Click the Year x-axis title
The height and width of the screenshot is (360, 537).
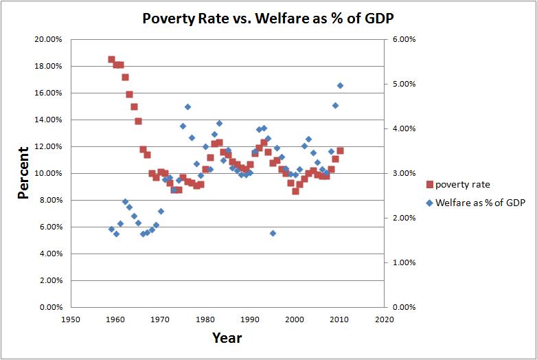click(x=227, y=337)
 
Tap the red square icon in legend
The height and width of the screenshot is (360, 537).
click(x=429, y=183)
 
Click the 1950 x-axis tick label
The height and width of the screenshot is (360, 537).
click(x=71, y=319)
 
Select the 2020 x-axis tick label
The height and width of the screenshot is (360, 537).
click(x=385, y=319)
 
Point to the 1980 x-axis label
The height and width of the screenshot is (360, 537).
click(x=205, y=319)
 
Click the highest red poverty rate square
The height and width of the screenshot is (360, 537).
click(x=111, y=59)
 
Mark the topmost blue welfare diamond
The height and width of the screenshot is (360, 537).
click(x=340, y=85)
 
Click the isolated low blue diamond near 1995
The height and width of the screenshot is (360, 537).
click(x=273, y=234)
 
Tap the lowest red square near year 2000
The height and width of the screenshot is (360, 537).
click(x=295, y=191)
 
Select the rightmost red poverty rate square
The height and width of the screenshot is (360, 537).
click(x=340, y=150)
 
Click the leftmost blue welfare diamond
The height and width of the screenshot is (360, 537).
click(x=111, y=229)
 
